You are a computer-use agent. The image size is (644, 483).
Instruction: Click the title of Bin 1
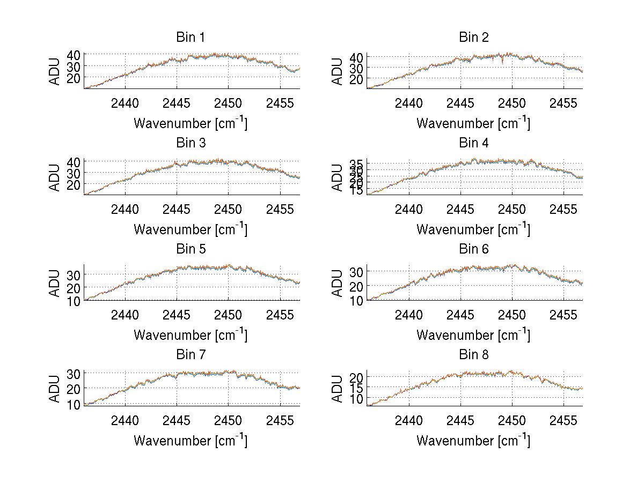(x=191, y=38)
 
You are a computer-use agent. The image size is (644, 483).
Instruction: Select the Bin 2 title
(x=473, y=38)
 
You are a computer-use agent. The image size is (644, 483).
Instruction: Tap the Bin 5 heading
(x=191, y=249)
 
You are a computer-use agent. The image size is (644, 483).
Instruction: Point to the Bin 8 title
(x=473, y=355)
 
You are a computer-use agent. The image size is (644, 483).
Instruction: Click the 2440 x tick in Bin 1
(x=125, y=103)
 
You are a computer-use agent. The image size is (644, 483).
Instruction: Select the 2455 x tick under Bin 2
(x=563, y=103)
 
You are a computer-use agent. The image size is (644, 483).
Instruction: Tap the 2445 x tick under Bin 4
(x=460, y=209)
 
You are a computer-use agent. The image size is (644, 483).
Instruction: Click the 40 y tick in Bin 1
(x=74, y=55)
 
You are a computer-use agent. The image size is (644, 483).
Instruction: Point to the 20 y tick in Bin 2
(x=356, y=79)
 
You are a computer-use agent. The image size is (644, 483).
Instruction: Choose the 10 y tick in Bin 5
(x=74, y=301)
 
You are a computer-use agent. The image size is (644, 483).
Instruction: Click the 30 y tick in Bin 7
(x=74, y=374)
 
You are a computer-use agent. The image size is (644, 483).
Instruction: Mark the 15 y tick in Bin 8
(x=356, y=388)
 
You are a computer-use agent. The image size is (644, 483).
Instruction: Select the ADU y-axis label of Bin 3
(x=55, y=177)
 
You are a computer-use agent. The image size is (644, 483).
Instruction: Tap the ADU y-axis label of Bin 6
(x=338, y=283)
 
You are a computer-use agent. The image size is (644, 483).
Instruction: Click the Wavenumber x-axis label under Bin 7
(x=191, y=441)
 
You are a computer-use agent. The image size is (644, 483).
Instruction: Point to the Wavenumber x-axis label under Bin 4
(x=473, y=229)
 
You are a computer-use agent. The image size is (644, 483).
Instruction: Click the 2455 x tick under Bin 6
(x=563, y=314)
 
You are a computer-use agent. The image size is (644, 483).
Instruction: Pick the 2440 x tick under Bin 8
(x=408, y=420)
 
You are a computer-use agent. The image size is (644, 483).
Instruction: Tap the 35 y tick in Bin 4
(x=356, y=163)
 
